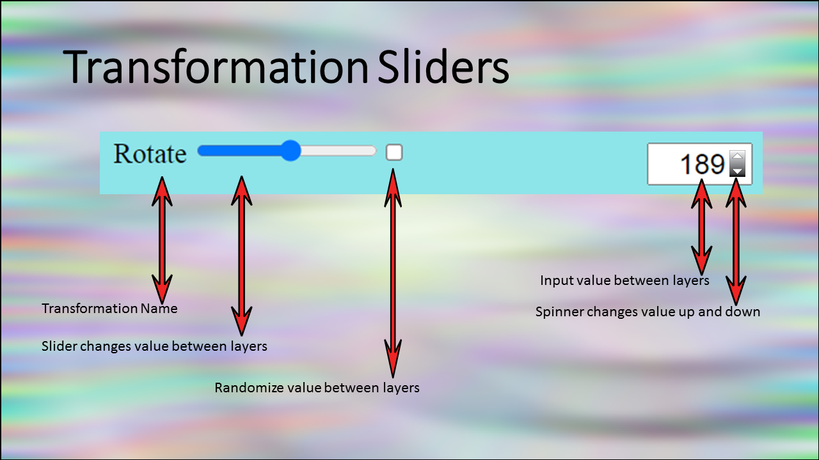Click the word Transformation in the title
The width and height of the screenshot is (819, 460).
216,67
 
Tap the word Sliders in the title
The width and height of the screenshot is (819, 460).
443,67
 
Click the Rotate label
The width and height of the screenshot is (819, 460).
150,153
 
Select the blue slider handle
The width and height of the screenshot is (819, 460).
290,150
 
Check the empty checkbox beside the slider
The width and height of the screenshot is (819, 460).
394,152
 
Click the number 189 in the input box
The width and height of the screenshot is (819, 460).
703,164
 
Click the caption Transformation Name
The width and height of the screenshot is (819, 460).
109,309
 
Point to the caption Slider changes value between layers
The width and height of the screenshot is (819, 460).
154,346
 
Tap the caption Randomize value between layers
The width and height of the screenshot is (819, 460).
317,388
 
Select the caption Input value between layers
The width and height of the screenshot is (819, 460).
624,280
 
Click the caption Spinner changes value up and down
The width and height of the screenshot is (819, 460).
648,312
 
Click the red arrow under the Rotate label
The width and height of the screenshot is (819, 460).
162,240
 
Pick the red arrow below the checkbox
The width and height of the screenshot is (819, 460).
393,273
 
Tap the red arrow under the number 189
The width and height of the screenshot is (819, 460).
702,227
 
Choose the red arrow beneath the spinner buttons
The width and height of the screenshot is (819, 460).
736,241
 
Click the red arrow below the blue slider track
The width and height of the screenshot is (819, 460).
241,256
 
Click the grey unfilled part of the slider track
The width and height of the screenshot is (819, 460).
338,151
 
